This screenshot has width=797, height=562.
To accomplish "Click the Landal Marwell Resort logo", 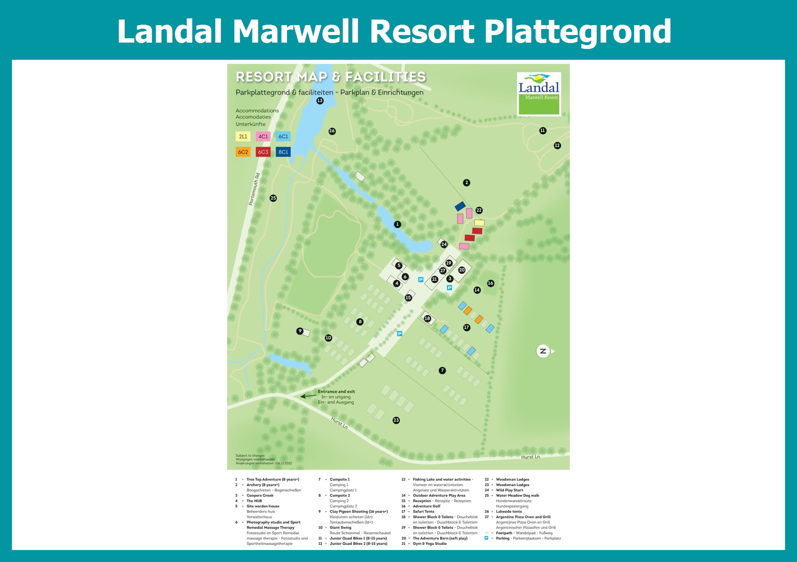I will click(539, 94).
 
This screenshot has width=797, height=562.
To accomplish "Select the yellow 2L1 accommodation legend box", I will click(243, 136).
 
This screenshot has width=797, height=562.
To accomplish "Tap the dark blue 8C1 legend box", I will click(283, 152).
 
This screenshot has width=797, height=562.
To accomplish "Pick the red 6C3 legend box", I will click(263, 152).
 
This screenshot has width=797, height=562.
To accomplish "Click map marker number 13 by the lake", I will click(320, 101).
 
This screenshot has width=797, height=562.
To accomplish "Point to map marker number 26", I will click(332, 131).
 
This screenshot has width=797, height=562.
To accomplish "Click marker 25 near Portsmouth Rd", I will click(273, 198).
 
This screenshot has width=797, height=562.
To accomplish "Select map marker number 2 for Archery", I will click(467, 183).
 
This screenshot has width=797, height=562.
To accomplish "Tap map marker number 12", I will click(557, 145).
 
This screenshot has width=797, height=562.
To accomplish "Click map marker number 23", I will click(396, 420).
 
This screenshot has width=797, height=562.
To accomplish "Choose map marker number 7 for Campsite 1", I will click(442, 371).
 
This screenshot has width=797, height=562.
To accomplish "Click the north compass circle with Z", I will click(543, 351).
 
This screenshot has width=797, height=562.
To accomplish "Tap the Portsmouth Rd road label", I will click(254, 189).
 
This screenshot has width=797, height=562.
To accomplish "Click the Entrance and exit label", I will click(336, 391).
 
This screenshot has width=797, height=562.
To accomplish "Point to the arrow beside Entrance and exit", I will click(308, 396).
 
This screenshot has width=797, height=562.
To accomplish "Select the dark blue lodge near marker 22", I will click(460, 206).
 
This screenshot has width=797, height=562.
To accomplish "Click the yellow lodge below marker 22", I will click(479, 223).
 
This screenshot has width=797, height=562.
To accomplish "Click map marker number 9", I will click(300, 331).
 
